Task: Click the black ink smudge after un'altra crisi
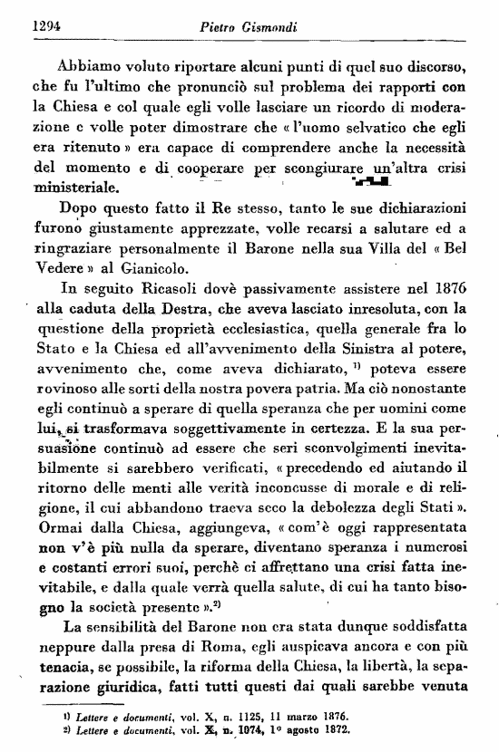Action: [375, 185]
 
